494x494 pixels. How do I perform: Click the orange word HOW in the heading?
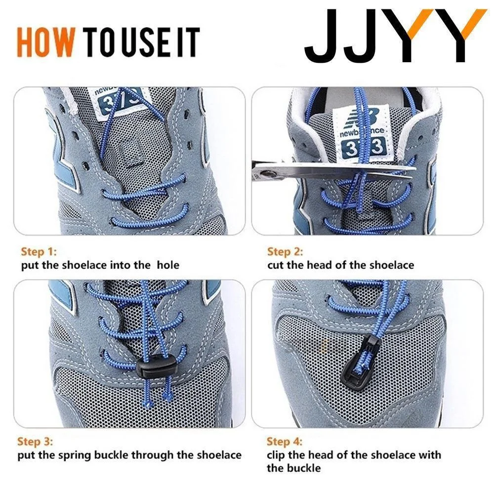[x=46, y=42]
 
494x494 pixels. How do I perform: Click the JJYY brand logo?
[x=395, y=35]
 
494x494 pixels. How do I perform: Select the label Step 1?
[x=39, y=252]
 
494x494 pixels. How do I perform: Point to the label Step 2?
[x=285, y=252]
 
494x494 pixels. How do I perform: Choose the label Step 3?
[x=35, y=441]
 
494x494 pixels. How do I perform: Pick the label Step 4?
[x=285, y=441]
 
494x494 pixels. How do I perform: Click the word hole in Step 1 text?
[x=168, y=265]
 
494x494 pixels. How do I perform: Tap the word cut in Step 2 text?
[x=276, y=265]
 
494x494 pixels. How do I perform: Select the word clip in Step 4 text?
[x=276, y=455]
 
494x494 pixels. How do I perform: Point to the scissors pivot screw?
[x=268, y=173]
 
